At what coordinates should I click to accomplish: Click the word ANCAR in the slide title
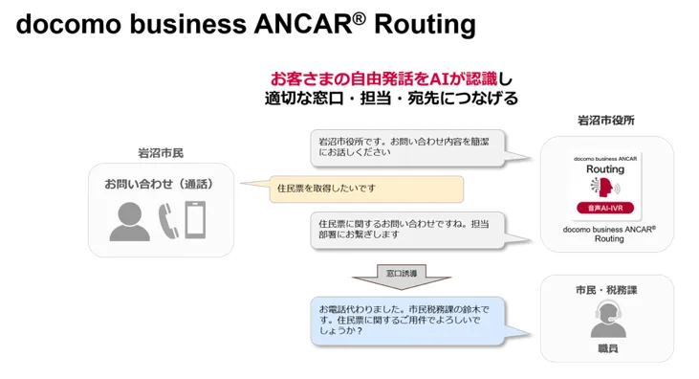[303, 24]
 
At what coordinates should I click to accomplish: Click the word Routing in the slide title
[425, 25]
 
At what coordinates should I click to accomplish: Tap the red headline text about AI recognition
[383, 79]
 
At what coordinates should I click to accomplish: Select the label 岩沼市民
[161, 153]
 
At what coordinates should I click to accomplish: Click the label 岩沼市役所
[606, 120]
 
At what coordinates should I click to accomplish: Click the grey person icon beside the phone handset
[130, 221]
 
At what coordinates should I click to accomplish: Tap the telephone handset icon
[168, 221]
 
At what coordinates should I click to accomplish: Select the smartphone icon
[195, 219]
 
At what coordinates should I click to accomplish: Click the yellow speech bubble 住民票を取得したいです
[366, 189]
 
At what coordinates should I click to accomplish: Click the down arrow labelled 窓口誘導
[402, 277]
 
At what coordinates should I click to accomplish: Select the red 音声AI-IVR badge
[605, 208]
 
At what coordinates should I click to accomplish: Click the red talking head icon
[605, 187]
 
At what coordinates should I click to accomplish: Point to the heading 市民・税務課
[606, 290]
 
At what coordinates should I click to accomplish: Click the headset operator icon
[608, 319]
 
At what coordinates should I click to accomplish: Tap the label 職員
[608, 348]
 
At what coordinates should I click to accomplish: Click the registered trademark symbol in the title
[360, 18]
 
